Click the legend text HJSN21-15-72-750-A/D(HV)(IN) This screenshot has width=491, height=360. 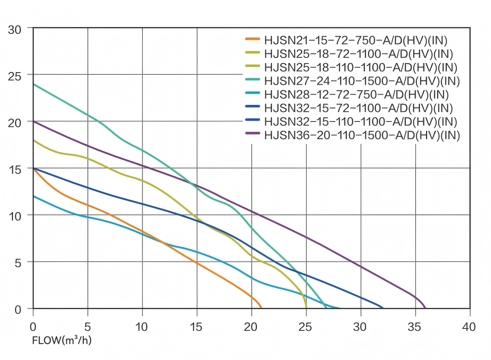pyautogui.click(x=356, y=40)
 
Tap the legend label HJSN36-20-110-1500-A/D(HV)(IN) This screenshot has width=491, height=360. pyautogui.click(x=362, y=135)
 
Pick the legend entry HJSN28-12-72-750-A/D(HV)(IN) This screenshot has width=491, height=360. pyautogui.click(x=356, y=94)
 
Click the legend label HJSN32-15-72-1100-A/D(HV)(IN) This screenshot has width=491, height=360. pyautogui.click(x=359, y=108)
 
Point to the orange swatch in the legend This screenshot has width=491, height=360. pyautogui.click(x=252, y=39)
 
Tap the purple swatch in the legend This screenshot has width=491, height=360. pyautogui.click(x=252, y=134)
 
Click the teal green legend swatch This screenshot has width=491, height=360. pyautogui.click(x=252, y=80)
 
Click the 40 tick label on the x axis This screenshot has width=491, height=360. pyautogui.click(x=469, y=327)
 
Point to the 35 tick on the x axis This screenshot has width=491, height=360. pyautogui.click(x=415, y=327)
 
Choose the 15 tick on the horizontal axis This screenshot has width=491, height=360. pyautogui.click(x=197, y=327)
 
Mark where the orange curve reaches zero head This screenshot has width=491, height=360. pyautogui.click(x=261, y=308)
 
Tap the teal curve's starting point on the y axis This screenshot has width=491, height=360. pyautogui.click(x=33, y=84)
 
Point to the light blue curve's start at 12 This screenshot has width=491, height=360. pyautogui.click(x=33, y=196)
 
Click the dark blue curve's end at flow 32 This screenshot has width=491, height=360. pyautogui.click(x=383, y=308)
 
